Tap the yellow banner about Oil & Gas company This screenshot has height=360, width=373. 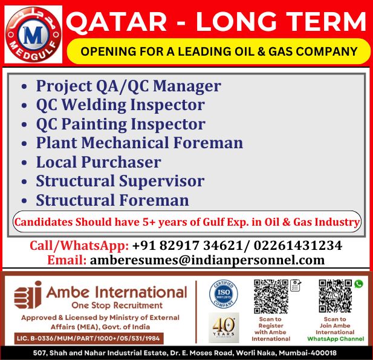(218, 51)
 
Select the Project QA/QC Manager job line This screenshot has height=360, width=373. (128, 86)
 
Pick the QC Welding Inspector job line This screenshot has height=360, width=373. (120, 105)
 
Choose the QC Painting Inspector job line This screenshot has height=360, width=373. (120, 124)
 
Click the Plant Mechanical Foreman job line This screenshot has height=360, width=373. (139, 143)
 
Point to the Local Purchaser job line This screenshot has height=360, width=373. (99, 162)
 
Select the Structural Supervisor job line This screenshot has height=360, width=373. (120, 181)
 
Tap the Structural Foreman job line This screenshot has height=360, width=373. (112, 200)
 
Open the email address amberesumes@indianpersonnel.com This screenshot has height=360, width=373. (207, 260)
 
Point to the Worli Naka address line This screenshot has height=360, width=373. (186, 353)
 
